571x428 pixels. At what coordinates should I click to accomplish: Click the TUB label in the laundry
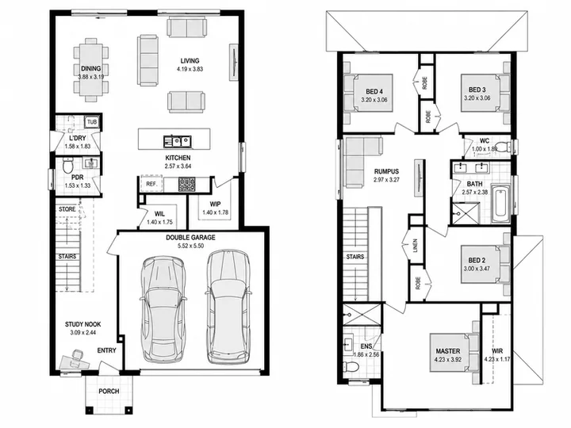[92, 122]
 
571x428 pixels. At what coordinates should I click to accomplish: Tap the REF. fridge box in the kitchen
[151, 184]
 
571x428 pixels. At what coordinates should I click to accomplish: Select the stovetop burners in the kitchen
[186, 185]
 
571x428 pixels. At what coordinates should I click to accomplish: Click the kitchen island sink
[178, 141]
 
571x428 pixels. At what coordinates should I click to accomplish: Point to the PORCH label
[109, 392]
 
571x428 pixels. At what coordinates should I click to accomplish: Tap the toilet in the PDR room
[67, 166]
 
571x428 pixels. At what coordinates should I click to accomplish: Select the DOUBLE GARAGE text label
[190, 238]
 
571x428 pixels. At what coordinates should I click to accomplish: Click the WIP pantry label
[215, 204]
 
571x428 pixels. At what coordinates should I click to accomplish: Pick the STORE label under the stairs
[67, 209]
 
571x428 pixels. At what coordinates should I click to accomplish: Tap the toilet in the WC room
[504, 147]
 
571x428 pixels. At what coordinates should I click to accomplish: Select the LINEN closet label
[416, 246]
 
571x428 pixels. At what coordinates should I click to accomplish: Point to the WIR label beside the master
[497, 351]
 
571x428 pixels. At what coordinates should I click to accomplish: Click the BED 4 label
[374, 91]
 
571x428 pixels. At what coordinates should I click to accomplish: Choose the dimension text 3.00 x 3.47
[477, 269]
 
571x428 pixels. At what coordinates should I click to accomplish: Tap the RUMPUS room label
[386, 171]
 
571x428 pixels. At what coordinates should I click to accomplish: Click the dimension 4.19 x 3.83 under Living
[190, 69]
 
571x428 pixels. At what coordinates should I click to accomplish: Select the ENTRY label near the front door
[107, 350]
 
